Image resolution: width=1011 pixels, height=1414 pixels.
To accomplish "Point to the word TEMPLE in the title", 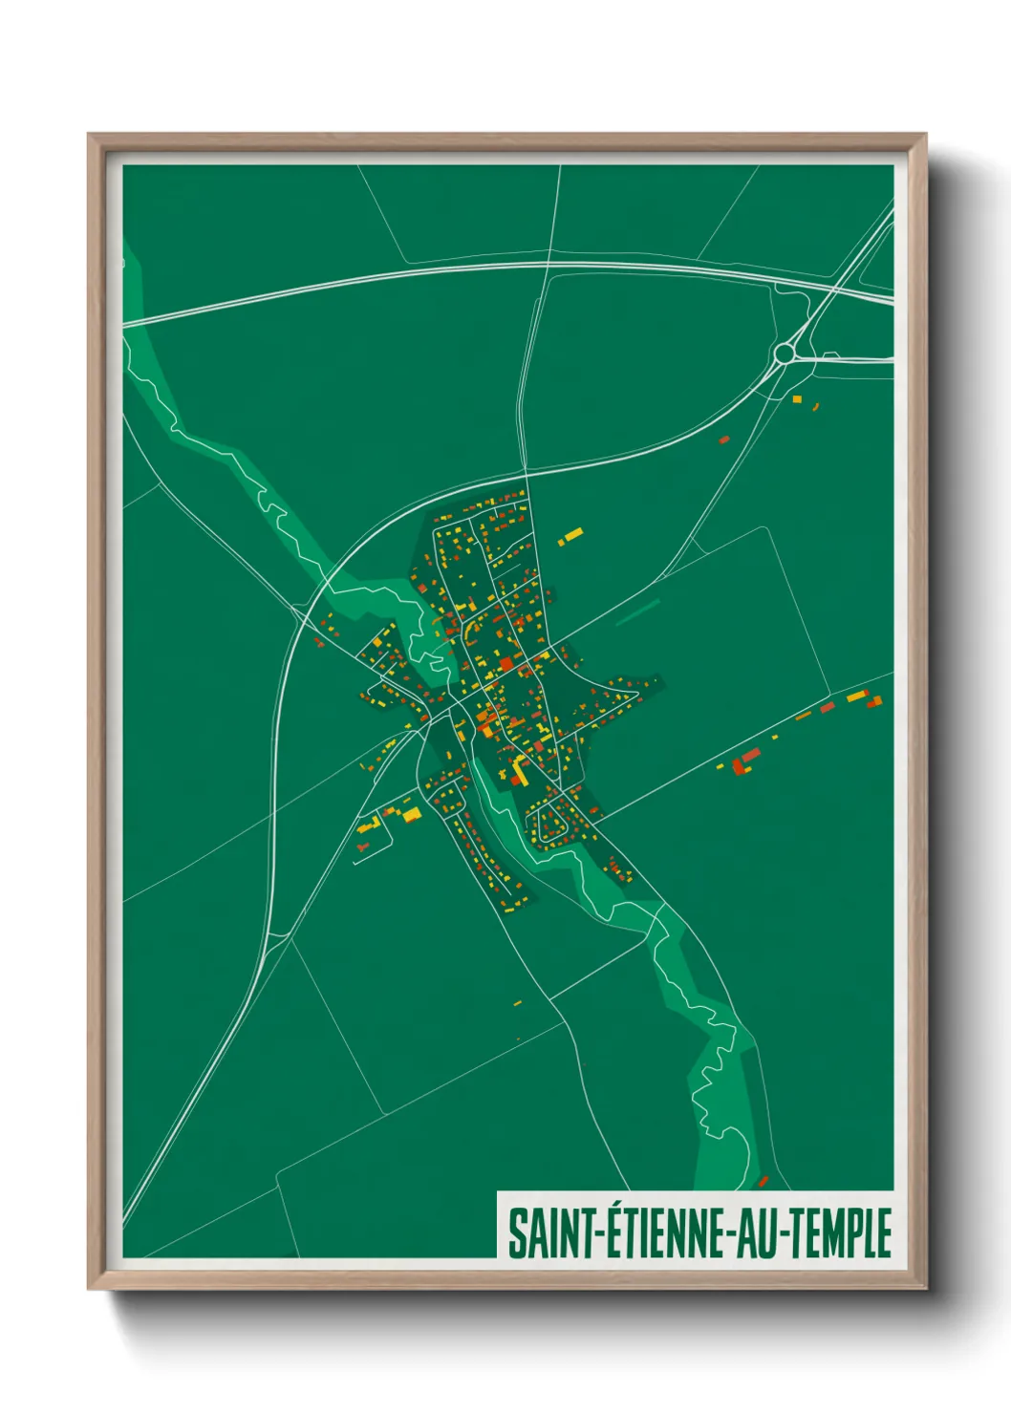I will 842,1233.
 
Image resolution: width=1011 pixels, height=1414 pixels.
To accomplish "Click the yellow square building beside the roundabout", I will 797,398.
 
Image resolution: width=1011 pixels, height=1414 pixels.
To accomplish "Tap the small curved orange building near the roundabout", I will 816,407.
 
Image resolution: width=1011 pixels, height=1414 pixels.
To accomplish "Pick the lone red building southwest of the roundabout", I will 724,439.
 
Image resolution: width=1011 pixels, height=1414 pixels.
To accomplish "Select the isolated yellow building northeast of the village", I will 570,535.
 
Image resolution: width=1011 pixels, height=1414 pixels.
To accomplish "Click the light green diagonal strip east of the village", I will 637,611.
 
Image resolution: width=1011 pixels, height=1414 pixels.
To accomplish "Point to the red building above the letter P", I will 763,1182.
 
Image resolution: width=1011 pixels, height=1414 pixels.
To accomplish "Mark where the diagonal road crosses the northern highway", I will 837,287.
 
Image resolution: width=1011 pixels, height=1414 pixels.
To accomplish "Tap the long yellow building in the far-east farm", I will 856,696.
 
